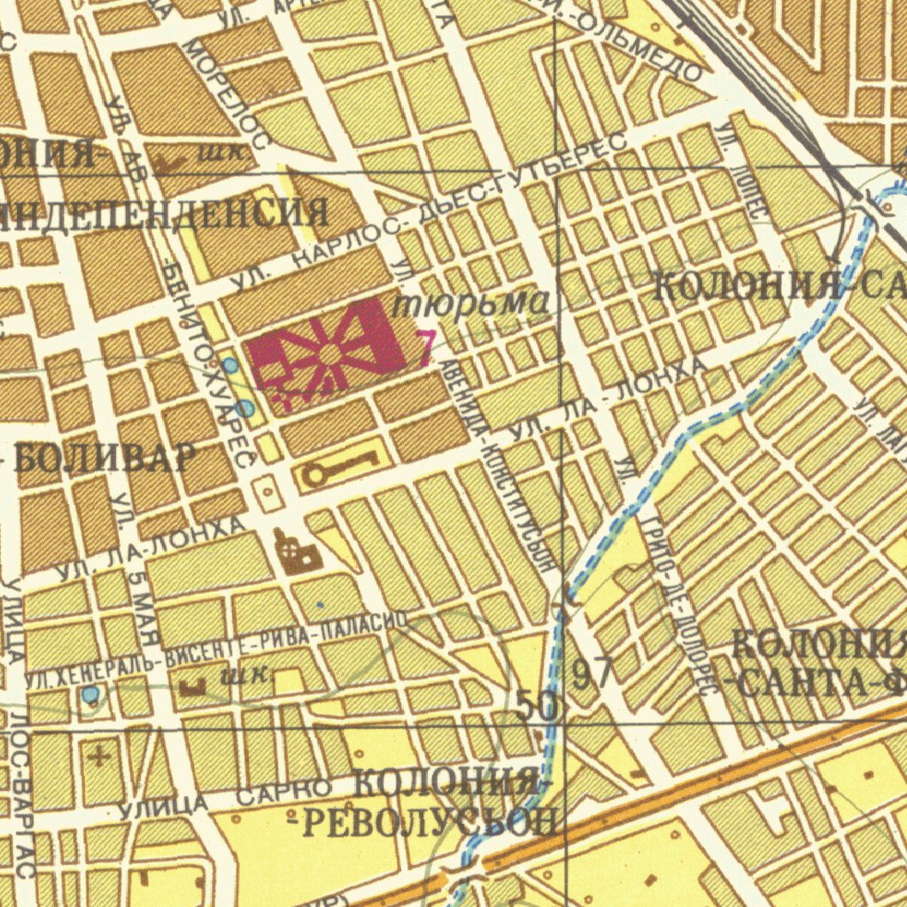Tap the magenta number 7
[x=426, y=348]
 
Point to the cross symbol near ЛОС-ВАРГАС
[x=99, y=756]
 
